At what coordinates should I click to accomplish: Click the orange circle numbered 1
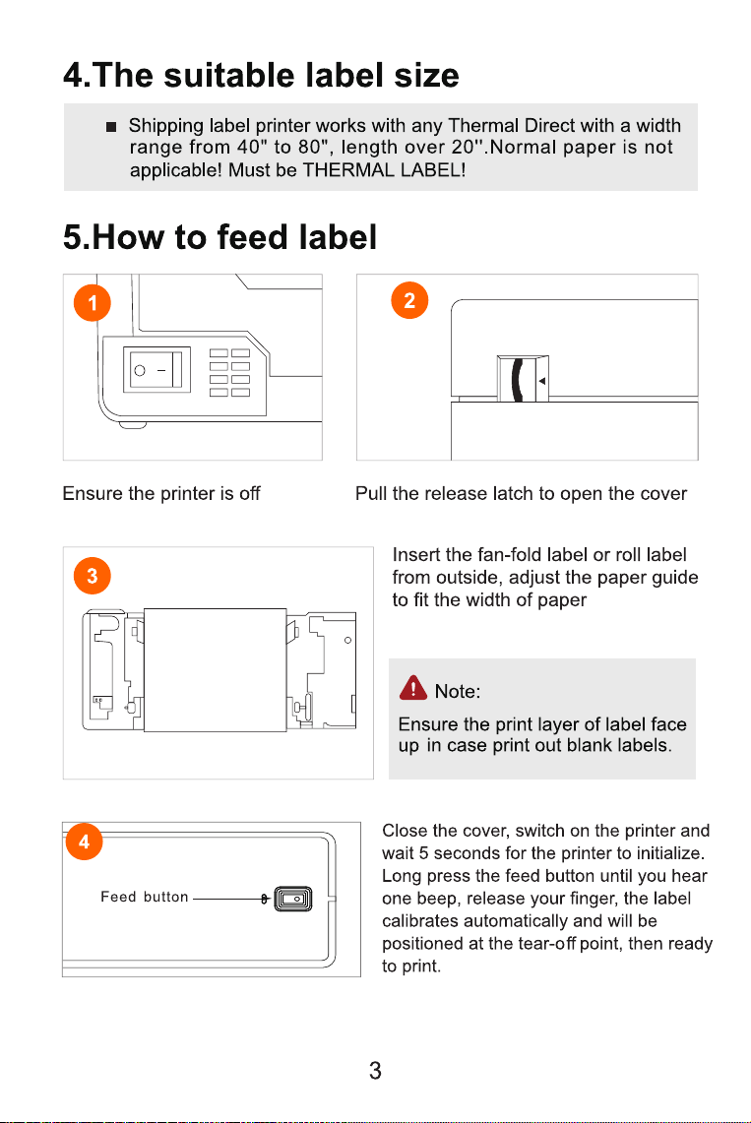(93, 303)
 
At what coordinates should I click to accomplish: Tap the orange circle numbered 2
(409, 300)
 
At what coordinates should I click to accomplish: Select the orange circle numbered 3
(93, 576)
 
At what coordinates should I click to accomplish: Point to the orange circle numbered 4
(84, 841)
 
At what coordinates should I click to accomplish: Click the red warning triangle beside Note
(413, 688)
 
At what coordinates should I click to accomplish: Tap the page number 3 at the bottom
(375, 1071)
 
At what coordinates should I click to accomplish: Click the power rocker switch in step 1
(156, 369)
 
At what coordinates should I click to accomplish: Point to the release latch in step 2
(523, 378)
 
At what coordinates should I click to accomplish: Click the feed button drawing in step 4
(293, 899)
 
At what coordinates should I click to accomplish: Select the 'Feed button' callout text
(145, 897)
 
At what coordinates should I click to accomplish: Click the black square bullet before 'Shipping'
(111, 127)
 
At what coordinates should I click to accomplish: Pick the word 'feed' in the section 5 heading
(253, 237)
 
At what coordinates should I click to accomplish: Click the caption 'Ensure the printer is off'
(161, 493)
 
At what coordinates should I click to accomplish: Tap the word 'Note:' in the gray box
(458, 691)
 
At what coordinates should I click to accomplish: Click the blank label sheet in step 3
(215, 670)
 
